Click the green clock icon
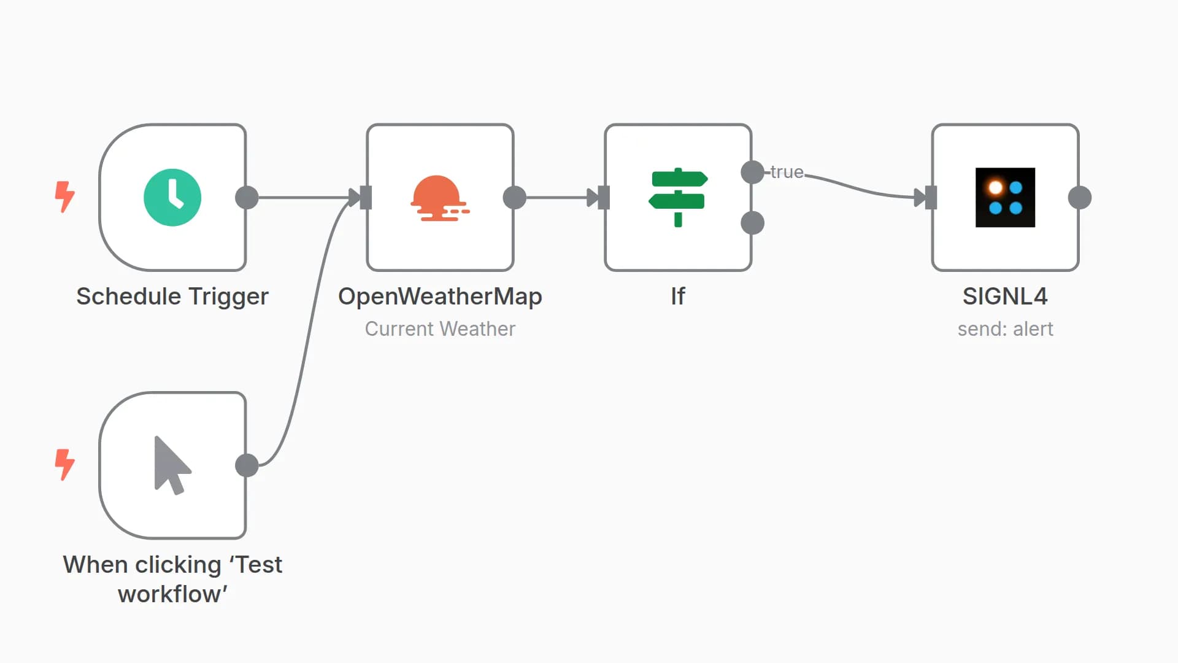point(172,198)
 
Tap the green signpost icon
point(678,198)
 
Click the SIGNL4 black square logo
point(1005,198)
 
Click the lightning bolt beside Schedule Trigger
point(64,196)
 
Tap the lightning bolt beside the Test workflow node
point(64,464)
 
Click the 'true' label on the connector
point(787,172)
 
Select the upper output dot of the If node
point(752,172)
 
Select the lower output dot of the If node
point(752,223)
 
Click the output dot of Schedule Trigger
point(247,198)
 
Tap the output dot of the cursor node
point(247,465)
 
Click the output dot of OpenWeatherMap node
point(514,198)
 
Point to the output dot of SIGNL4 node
point(1079,198)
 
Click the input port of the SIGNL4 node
point(930,198)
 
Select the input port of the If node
point(603,198)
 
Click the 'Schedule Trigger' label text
point(172,297)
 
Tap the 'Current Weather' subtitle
point(440,329)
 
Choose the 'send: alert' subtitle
point(1005,329)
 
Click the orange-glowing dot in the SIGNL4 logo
point(995,187)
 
